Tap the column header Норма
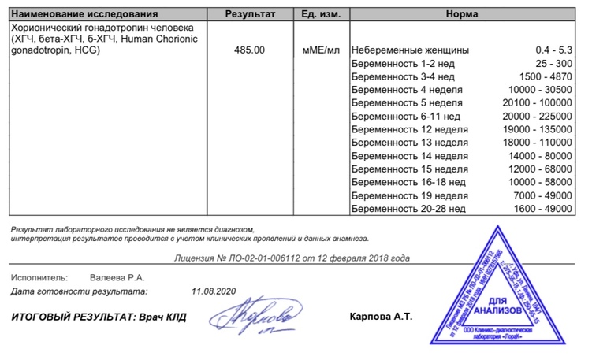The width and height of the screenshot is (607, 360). tap(461, 14)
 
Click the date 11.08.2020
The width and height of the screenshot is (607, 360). tap(214, 291)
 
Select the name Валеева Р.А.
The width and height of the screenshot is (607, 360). tap(118, 277)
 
